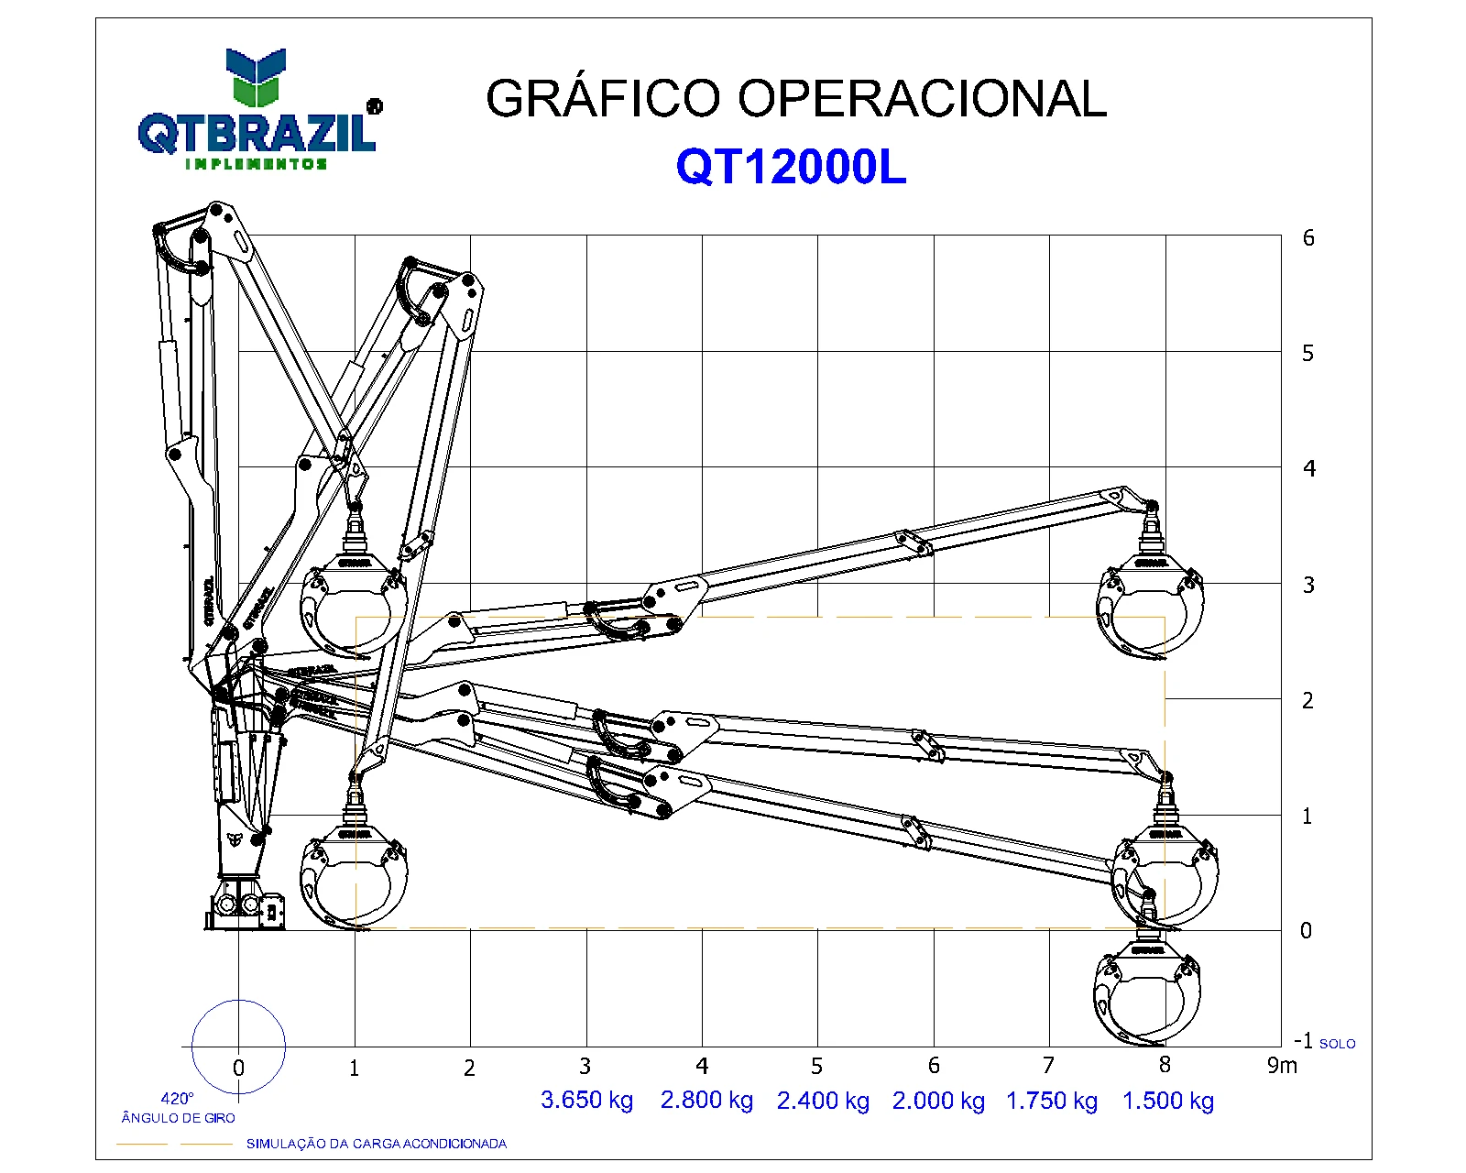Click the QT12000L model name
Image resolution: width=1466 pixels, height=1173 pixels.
pos(791,167)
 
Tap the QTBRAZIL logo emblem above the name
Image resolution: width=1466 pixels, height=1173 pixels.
pos(256,78)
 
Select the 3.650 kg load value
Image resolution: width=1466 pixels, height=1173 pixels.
pos(586,1100)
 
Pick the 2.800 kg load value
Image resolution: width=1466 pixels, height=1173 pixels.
pos(706,1100)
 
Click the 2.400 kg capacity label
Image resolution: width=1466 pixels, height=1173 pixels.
pos(823,1100)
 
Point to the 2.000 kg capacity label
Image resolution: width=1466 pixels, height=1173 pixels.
pos(938,1100)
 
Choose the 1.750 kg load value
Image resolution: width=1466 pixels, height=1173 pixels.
pos(1052,1100)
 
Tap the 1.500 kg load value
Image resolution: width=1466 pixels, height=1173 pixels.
pos(1167,1100)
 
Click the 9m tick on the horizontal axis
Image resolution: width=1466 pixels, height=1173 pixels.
pos(1282,1065)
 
